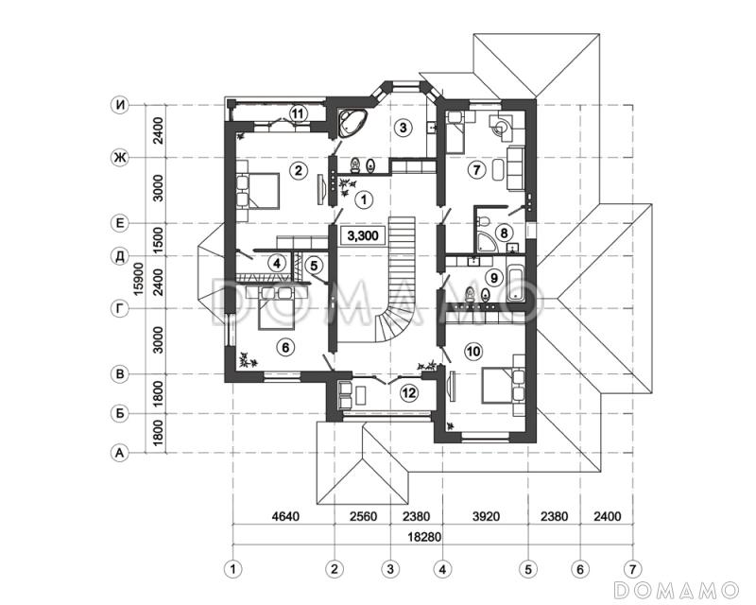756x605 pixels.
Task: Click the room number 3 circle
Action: (x=404, y=128)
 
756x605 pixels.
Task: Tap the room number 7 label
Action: (x=476, y=170)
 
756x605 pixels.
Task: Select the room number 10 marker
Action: (x=473, y=352)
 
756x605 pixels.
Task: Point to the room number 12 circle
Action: (x=409, y=393)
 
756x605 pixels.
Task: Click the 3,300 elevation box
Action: (x=363, y=236)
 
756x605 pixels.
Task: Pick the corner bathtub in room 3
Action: (x=352, y=123)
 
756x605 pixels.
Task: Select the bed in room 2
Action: (x=257, y=191)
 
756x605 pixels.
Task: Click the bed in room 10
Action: (x=503, y=385)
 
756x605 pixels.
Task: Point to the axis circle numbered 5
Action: (x=528, y=569)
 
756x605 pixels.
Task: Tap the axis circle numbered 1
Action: (x=232, y=569)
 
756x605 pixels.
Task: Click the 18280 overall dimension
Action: (x=424, y=537)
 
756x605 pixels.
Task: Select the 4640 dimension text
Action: (x=285, y=516)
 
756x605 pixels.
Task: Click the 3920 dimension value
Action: (x=486, y=516)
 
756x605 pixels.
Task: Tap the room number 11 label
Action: (x=298, y=113)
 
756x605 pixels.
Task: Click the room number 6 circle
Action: (x=285, y=347)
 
